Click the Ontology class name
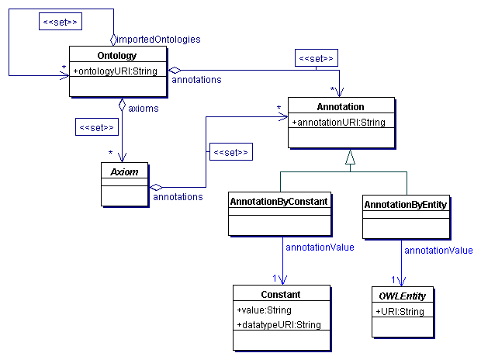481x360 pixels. point(118,56)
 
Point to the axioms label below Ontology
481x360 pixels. point(144,109)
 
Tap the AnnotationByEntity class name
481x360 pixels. point(406,203)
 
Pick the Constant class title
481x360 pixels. point(281,294)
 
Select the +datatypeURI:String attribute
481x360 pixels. point(279,325)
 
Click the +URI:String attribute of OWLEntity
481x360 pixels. point(400,312)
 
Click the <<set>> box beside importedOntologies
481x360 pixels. point(59,22)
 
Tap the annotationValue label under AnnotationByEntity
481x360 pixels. point(439,251)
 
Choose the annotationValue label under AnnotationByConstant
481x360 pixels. point(320,247)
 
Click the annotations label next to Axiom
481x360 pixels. point(178,197)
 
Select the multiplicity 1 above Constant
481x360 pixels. point(275,278)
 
